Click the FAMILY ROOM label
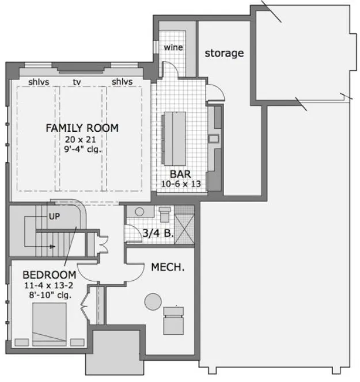(82, 128)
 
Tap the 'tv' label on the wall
(77, 82)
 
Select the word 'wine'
(173, 47)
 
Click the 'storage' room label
(224, 53)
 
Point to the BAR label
(180, 173)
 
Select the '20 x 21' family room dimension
(82, 139)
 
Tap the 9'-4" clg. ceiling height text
(82, 150)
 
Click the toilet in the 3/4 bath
(164, 214)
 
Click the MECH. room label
(167, 268)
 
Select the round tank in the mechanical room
(154, 301)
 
